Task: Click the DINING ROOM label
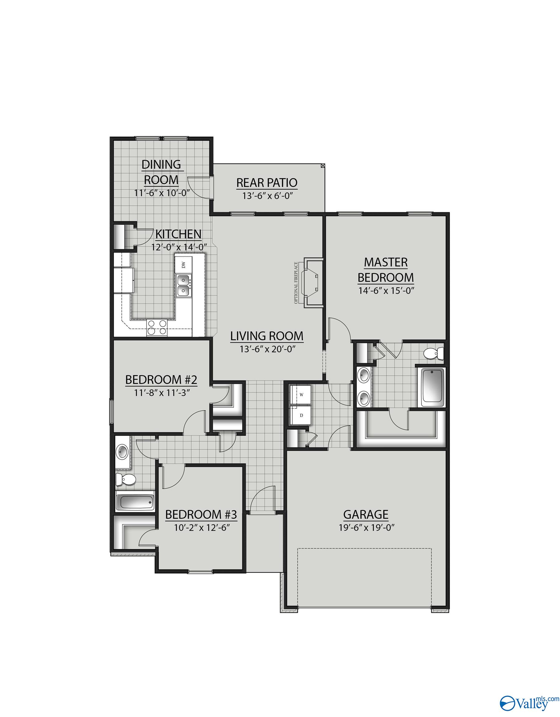coord(161,172)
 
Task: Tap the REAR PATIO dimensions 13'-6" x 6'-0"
coord(267,196)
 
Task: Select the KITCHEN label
coord(178,234)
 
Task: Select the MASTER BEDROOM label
coord(386,270)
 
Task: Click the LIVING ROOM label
coord(266,336)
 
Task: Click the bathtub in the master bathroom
coord(433,387)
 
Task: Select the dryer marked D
coord(301,415)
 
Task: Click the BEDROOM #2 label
coord(161,380)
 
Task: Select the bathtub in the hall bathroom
coord(135,503)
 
